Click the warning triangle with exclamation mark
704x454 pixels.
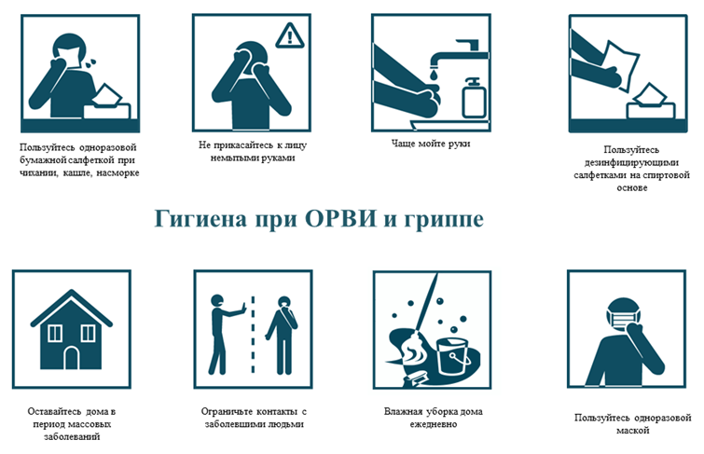pos(290,35)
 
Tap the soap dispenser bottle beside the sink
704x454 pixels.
pos(474,98)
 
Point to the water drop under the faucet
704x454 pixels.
pos(434,75)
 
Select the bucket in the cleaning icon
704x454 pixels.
pos(452,356)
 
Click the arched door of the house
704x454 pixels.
pos(72,358)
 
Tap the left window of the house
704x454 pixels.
pos(55,333)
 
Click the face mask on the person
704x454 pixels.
pos(623,318)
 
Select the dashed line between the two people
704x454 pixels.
pos(253,335)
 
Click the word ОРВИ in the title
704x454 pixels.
pos(340,219)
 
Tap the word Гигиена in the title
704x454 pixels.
pos(200,219)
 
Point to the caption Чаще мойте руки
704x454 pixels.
pos(431,144)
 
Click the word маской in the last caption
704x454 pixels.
pos(632,430)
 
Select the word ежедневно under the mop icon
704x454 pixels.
pos(434,424)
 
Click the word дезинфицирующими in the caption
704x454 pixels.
pos(631,162)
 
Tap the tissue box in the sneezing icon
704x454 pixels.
pos(107,103)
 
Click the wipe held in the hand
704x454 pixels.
pos(622,66)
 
